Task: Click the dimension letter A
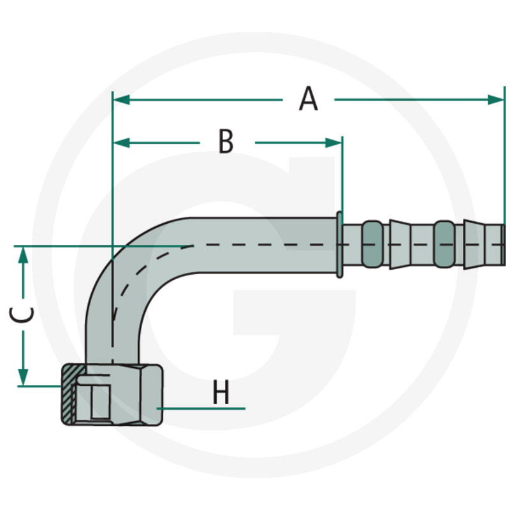pyautogui.click(x=309, y=99)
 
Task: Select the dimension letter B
pyautogui.click(x=226, y=142)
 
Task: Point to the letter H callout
pyautogui.click(x=221, y=393)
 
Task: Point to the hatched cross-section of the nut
pyautogui.click(x=68, y=395)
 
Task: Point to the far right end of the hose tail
pyautogui.click(x=502, y=244)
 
